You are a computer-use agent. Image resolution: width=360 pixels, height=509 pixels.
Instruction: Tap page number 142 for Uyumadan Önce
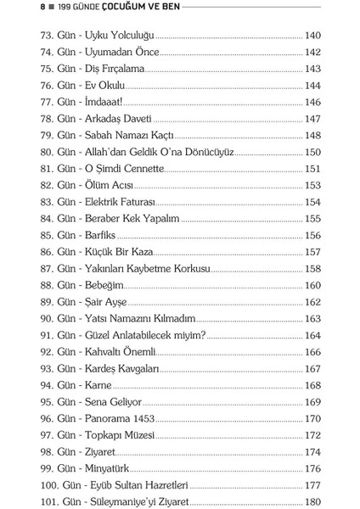(312, 53)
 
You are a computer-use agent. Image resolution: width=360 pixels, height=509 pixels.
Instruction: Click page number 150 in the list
(312, 152)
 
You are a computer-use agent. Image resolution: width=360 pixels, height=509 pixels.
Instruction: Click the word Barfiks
(101, 235)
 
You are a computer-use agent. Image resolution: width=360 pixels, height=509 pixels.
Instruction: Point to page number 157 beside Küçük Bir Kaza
(312, 252)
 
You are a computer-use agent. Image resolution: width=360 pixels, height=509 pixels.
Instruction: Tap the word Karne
(98, 384)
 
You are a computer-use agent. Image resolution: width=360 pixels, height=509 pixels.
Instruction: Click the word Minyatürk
(107, 467)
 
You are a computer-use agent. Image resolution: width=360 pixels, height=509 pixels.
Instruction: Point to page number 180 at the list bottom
(312, 501)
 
